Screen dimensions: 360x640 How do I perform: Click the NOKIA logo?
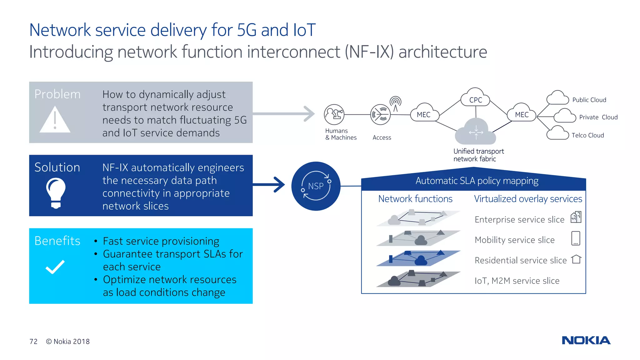[586, 340]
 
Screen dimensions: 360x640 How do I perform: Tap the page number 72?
[33, 342]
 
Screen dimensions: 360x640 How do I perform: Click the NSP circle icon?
[316, 186]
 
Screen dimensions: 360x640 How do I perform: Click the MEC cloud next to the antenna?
[424, 114]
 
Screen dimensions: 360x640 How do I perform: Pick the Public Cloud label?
[589, 100]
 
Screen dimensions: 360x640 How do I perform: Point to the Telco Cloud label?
[587, 135]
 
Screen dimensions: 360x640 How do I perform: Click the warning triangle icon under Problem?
[55, 121]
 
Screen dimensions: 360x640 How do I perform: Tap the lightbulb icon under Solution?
[56, 192]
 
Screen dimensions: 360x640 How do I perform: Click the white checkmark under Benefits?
[55, 267]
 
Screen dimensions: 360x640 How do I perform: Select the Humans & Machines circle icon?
[334, 114]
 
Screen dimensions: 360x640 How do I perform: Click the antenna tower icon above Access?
[395, 103]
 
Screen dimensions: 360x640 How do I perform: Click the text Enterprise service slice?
[519, 220]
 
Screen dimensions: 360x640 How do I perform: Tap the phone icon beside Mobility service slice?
[575, 238]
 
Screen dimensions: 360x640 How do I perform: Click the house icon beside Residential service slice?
[576, 259]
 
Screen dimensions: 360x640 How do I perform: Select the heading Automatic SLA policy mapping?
[477, 181]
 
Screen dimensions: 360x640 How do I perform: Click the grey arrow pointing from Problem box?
[284, 114]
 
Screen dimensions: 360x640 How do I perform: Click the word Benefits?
[57, 241]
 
